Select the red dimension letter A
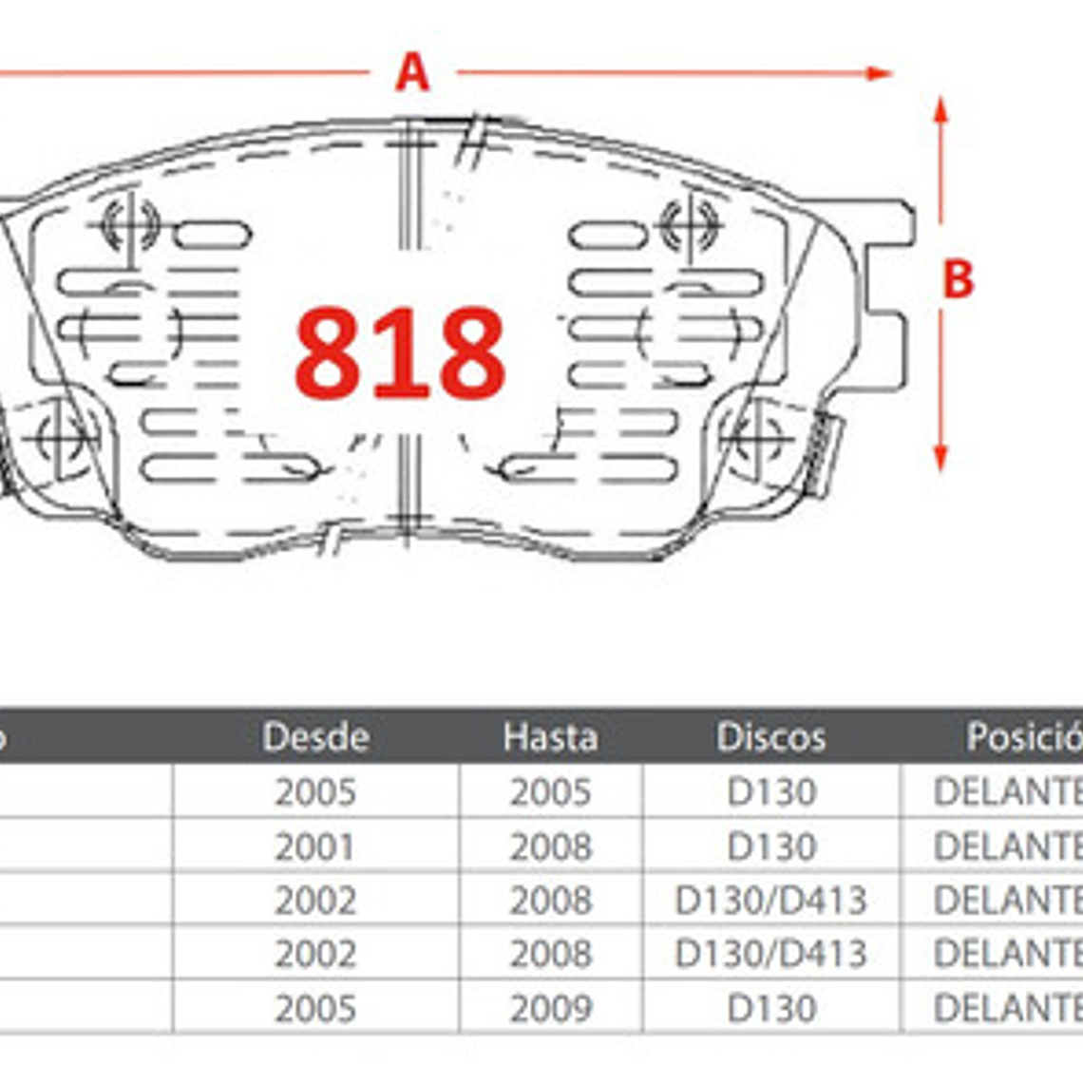[x=411, y=72]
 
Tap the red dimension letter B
[x=958, y=279]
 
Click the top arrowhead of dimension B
[x=940, y=109]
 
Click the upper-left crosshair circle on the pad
[x=129, y=224]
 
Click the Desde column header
[x=315, y=737]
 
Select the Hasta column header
[x=550, y=737]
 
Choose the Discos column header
[x=770, y=737]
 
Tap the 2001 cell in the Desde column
[x=314, y=846]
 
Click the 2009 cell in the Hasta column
[x=550, y=1008]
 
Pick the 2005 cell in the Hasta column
[x=550, y=792]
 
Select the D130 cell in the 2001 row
[x=770, y=846]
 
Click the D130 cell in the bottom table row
[x=770, y=1008]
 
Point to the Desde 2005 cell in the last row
[x=314, y=1008]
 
